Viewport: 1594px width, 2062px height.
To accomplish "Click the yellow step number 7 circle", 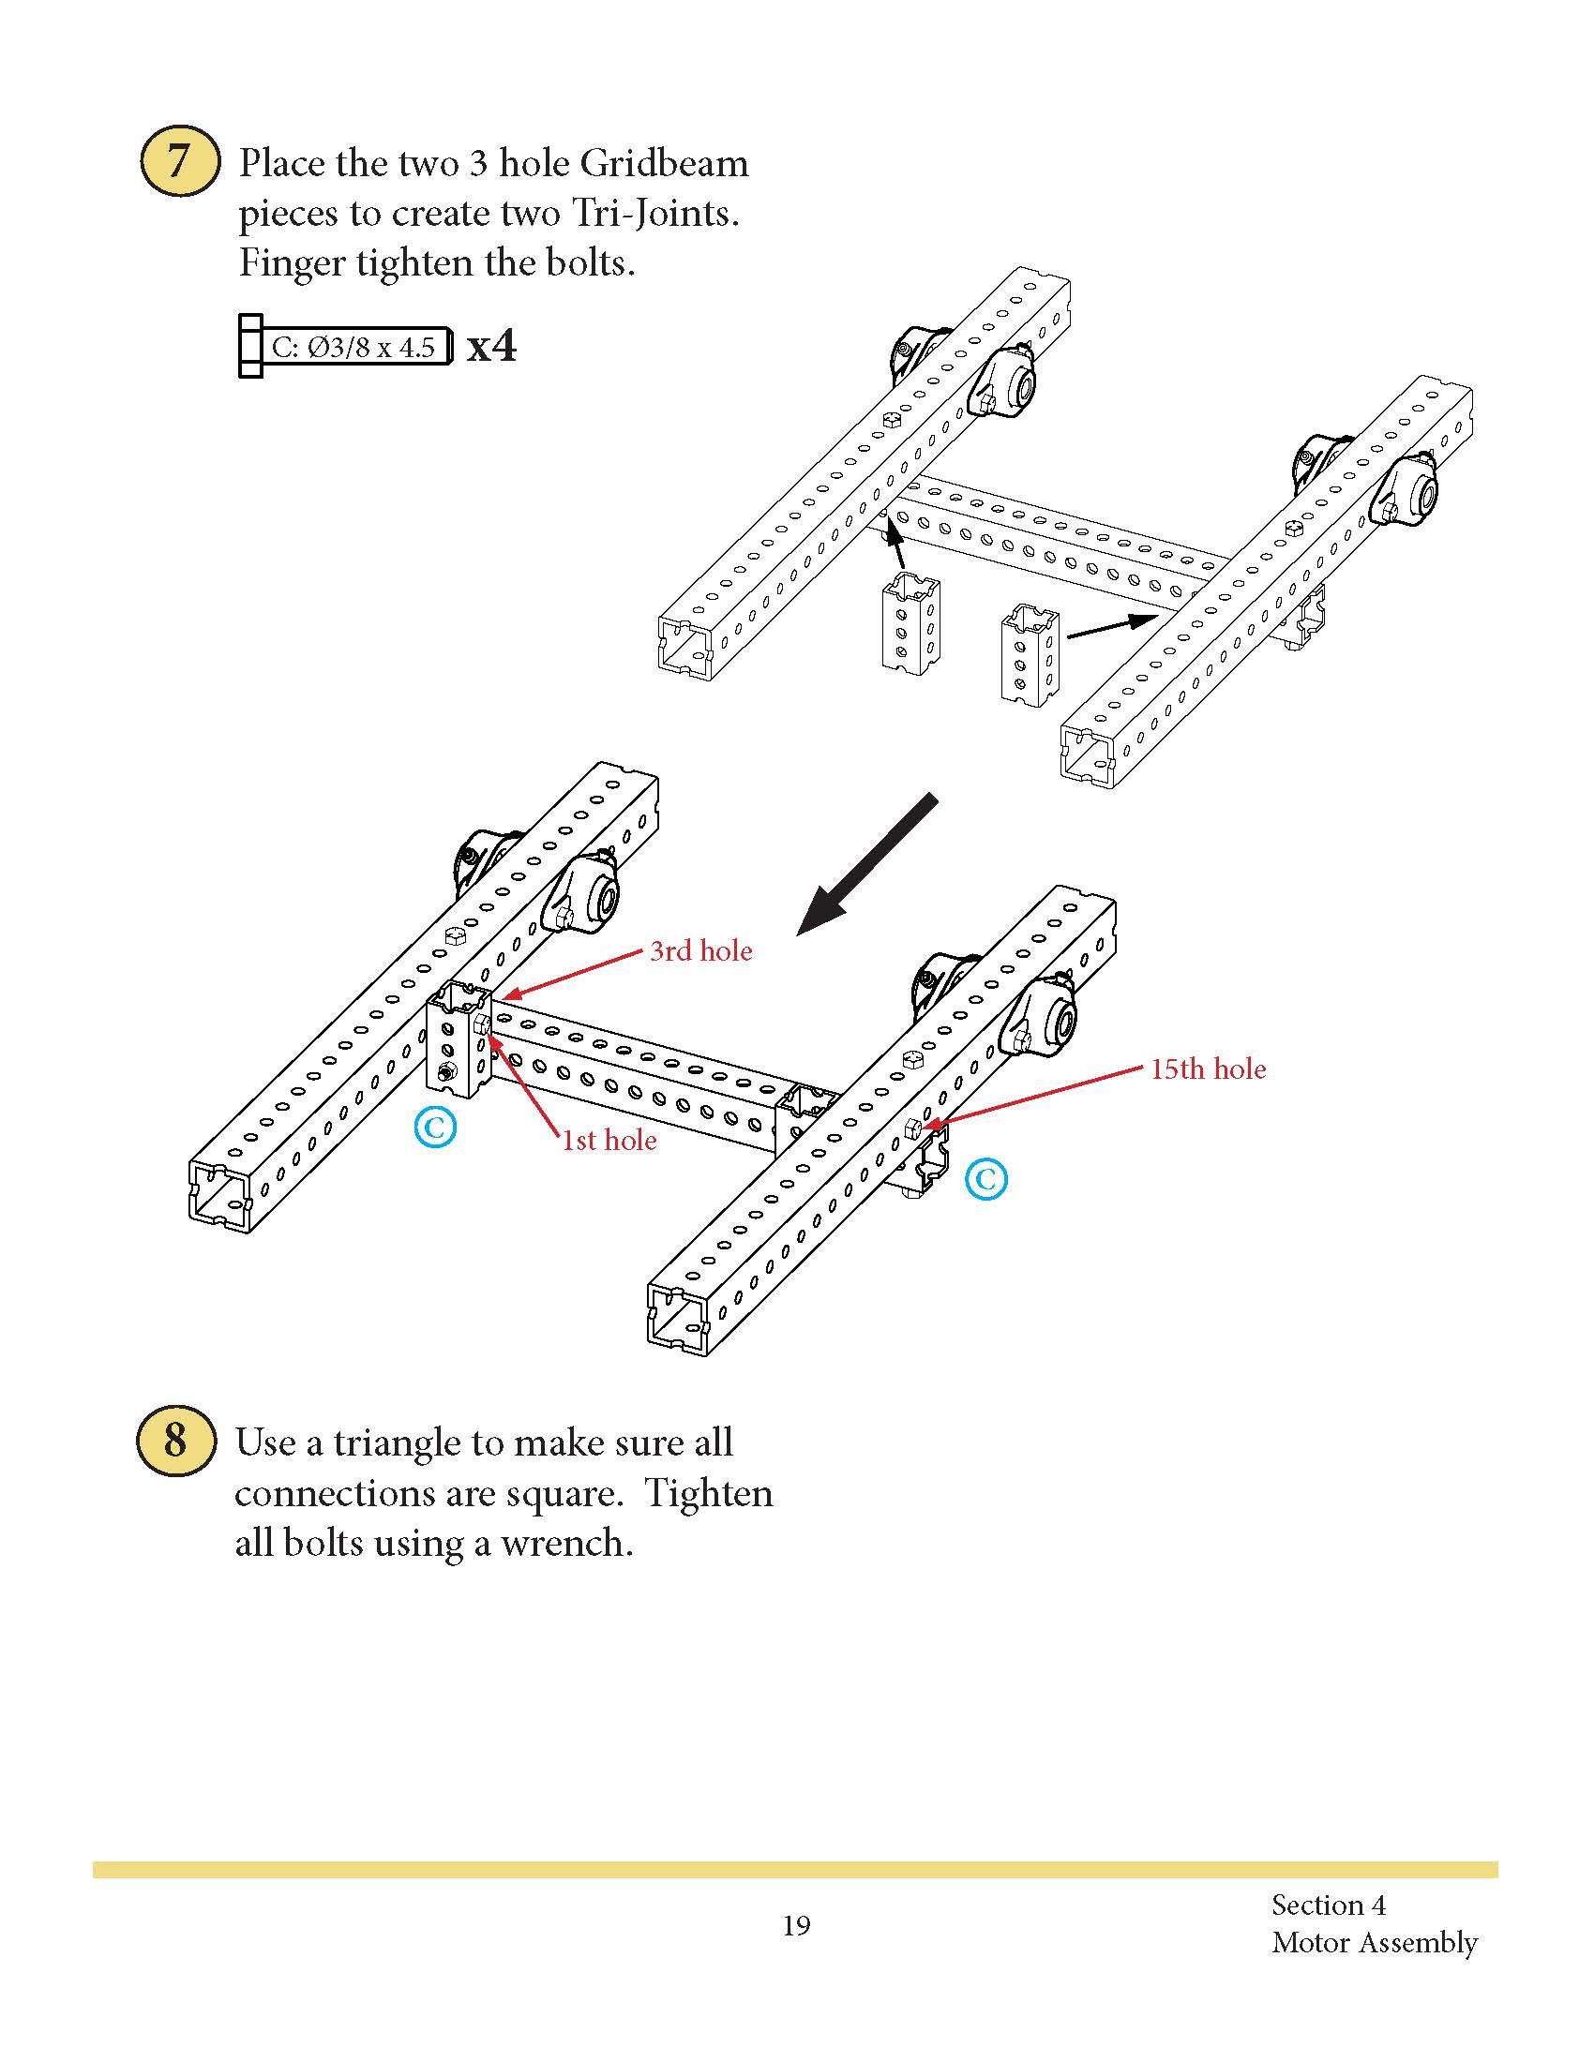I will coord(179,161).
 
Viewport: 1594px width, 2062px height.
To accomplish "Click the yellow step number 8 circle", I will coord(175,1442).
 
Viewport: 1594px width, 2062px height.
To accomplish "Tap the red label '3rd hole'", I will coord(700,950).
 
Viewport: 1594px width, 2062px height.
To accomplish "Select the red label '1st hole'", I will coord(609,1141).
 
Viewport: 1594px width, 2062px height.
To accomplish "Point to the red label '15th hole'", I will coord(1208,1068).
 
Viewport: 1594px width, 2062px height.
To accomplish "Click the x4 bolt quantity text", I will coord(492,347).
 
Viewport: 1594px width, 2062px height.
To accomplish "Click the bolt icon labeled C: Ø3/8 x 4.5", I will coord(346,347).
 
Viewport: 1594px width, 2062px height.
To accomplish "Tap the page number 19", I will coord(796,1925).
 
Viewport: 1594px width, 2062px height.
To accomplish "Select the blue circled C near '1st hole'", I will coord(435,1127).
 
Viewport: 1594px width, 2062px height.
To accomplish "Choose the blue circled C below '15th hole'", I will coord(985,1179).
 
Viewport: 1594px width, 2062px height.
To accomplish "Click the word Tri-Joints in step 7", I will coord(652,214).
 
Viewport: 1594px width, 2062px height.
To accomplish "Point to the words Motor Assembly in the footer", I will coord(1374,1943).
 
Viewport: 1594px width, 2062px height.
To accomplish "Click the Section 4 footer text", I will coord(1328,1905).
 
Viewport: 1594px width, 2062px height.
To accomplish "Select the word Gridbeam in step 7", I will coord(664,163).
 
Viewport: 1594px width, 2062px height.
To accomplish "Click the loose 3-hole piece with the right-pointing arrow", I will coord(1030,656).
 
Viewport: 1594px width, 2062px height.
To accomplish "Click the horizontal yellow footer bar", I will coord(795,1870).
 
